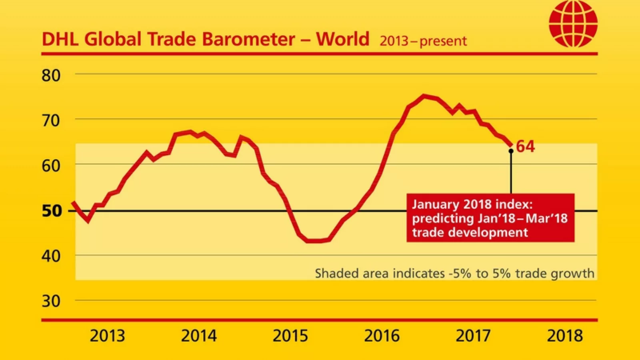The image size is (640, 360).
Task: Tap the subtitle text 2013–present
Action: [423, 41]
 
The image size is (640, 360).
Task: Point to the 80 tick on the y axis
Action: [51, 75]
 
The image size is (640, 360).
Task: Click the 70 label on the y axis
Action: [51, 120]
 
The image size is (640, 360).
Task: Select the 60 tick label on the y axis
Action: [51, 165]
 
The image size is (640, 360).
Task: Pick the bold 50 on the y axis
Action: [52, 211]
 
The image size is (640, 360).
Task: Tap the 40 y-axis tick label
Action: [51, 256]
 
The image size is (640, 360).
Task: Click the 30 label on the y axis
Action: [51, 301]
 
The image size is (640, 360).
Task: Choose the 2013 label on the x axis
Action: [107, 336]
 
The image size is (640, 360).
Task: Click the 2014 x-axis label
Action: [199, 336]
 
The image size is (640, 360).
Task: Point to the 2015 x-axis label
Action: [290, 336]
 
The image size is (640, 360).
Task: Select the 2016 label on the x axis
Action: [382, 336]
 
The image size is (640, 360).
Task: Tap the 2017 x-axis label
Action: [473, 336]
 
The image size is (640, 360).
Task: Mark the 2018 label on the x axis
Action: [565, 336]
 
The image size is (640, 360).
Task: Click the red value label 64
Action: [525, 147]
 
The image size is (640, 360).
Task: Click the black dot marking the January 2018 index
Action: [511, 151]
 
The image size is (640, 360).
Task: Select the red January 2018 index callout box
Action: [490, 218]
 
